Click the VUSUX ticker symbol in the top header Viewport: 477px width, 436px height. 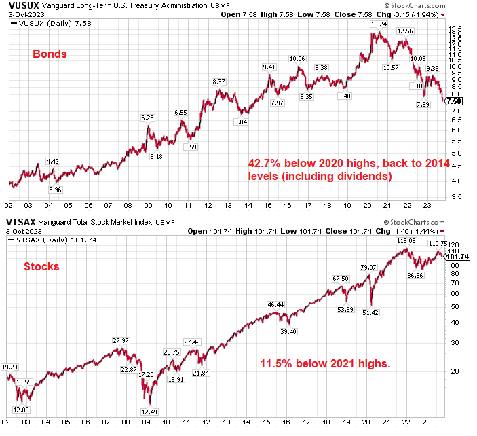point(21,5)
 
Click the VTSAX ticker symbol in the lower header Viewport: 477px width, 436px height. point(21,222)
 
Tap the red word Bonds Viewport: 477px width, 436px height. point(50,54)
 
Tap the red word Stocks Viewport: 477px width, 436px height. point(41,266)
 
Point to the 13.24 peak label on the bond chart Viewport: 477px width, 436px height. point(378,24)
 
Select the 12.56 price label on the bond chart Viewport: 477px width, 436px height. point(405,31)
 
